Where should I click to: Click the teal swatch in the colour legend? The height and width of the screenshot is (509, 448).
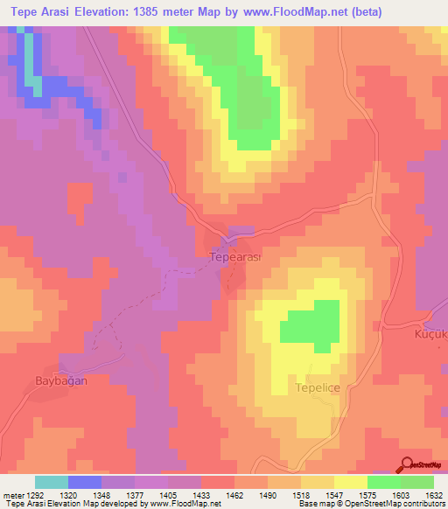pos(52,482)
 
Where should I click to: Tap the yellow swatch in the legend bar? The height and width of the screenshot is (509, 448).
pos(350,482)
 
